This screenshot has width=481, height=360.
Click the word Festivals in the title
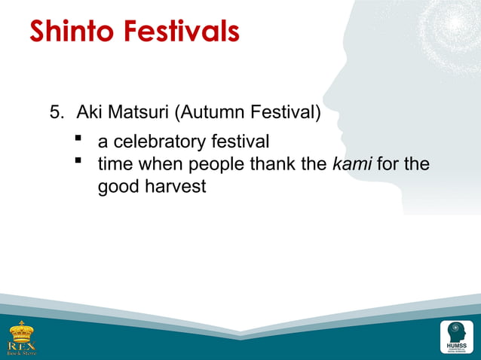[185, 32]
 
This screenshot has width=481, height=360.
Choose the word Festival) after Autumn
[286, 114]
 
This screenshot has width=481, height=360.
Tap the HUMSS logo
[456, 336]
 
